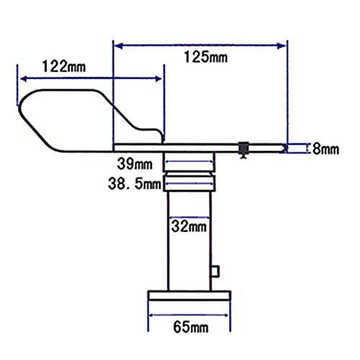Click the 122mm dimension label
point(63,66)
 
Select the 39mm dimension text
point(136,163)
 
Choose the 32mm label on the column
point(189,226)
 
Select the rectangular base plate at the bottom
point(189,294)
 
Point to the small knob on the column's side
point(215,271)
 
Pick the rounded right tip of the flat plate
point(285,147)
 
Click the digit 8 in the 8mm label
point(314,149)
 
